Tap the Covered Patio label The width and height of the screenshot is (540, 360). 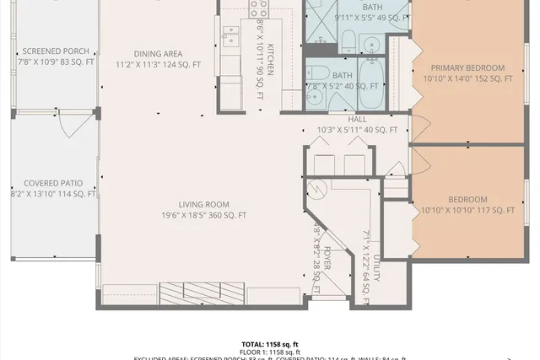tap(53, 183)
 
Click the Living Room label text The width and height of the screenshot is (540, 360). tap(203, 204)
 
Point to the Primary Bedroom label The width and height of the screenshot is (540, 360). tap(467, 67)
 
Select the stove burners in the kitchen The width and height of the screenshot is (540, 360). tap(259, 8)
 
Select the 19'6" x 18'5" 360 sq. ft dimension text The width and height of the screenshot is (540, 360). tap(203, 215)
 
